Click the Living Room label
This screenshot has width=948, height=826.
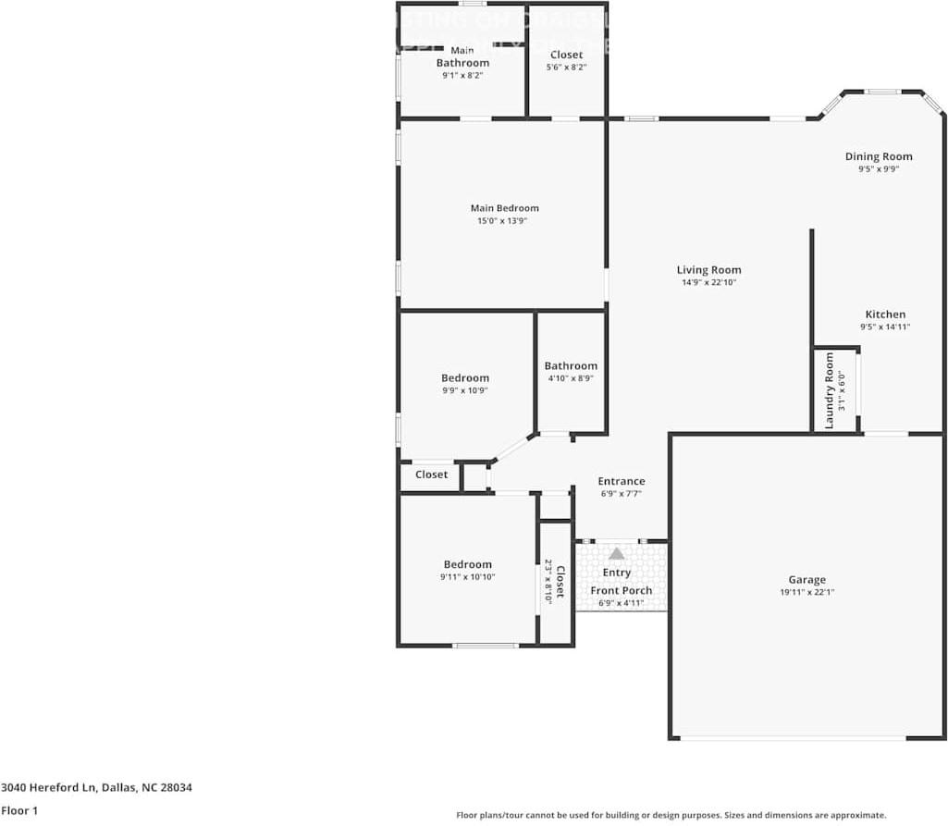(708, 270)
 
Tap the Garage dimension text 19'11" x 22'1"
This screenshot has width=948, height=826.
(806, 592)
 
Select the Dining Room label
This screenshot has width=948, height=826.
(879, 156)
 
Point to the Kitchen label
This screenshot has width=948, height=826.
(885, 314)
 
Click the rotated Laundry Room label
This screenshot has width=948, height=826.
(830, 389)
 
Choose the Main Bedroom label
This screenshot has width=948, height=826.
(504, 208)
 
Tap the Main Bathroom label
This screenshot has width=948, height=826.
(462, 57)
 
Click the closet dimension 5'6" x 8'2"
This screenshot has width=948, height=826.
(566, 68)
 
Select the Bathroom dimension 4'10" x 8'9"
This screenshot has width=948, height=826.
(571, 378)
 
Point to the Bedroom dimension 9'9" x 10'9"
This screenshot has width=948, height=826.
(465, 390)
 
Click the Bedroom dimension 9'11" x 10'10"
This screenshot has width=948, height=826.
(467, 577)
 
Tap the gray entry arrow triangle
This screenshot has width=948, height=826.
(617, 553)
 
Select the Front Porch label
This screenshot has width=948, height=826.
(622, 591)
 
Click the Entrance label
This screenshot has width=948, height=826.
(622, 481)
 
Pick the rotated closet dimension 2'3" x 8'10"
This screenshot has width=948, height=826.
(548, 582)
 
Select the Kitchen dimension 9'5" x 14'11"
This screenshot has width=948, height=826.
(885, 327)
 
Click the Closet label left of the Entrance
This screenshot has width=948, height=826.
(431, 475)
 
